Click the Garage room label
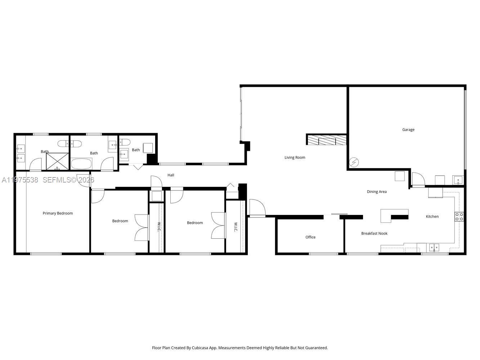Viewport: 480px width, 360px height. pos(408,130)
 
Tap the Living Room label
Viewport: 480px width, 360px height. pos(295,157)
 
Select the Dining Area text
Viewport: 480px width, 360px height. pos(377,192)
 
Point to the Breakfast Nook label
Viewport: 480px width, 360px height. pos(374,233)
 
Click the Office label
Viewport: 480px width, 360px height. pos(310,237)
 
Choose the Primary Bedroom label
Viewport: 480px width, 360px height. pos(58,213)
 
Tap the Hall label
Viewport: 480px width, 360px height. pos(171,175)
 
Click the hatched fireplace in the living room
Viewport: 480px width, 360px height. pos(327,140)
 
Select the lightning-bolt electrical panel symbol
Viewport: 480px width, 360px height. pos(354,162)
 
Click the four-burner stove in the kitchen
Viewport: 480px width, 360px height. pos(459,216)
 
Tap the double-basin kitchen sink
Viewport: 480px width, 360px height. pos(434,247)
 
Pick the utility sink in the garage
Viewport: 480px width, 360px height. pos(458,180)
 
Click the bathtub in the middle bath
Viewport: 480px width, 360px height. pos(81,164)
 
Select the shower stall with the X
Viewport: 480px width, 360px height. pos(57,161)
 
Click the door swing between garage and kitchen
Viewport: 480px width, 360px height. pos(418,179)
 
